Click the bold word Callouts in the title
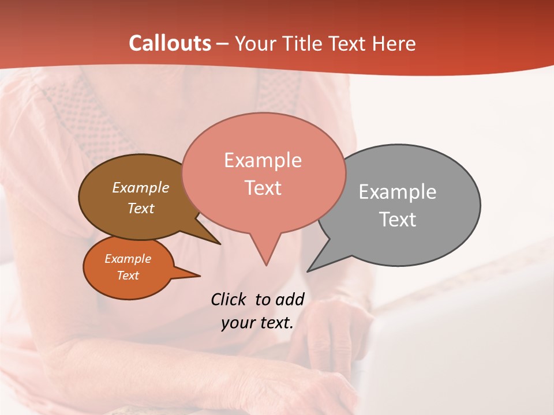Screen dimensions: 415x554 tap(170, 43)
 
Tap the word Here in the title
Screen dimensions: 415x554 tap(394, 43)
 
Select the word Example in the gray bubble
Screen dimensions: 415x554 tap(397, 192)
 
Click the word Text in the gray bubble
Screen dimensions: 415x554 tap(397, 220)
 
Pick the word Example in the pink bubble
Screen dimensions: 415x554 tap(263, 160)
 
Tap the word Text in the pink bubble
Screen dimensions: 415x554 tap(263, 188)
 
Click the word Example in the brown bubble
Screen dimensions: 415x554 tap(140, 187)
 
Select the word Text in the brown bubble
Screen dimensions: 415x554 tap(140, 208)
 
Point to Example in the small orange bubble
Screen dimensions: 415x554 tap(128, 259)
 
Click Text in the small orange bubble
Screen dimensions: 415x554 tap(128, 276)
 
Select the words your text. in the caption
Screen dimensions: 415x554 tap(257, 323)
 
